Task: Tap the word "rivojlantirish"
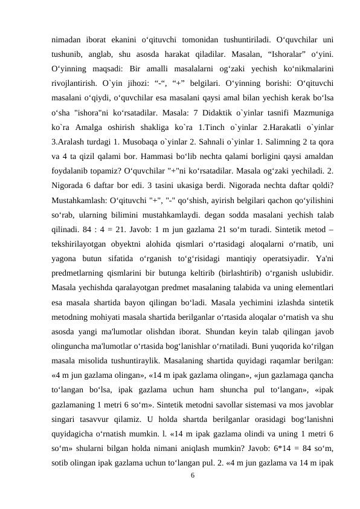(76, 83)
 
